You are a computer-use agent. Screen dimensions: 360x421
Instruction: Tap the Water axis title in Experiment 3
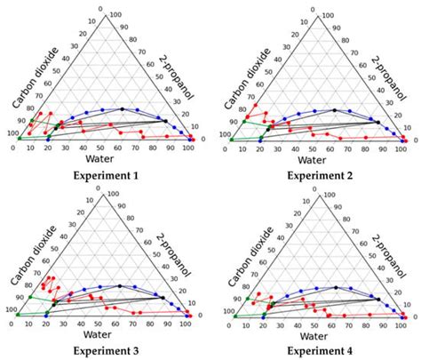(99, 336)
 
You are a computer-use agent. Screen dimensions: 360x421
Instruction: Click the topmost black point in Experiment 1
(122, 109)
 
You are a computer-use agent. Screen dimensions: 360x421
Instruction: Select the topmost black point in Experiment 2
(332, 110)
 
